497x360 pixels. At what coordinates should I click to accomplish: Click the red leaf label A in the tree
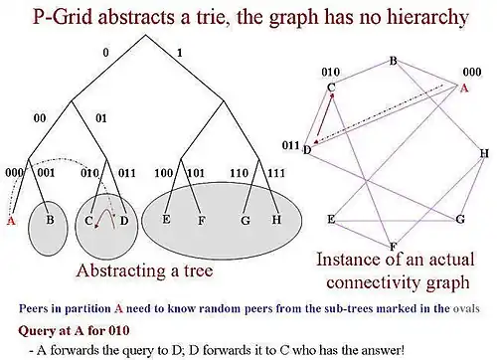pyautogui.click(x=11, y=221)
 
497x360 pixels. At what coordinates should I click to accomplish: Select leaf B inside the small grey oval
pyautogui.click(x=50, y=220)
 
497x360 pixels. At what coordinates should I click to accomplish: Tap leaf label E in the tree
pyautogui.click(x=166, y=219)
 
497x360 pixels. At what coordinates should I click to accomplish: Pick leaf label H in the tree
pyautogui.click(x=276, y=219)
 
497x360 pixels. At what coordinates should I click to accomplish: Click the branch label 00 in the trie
pyautogui.click(x=40, y=118)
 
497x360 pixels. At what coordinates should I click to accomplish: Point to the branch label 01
pyautogui.click(x=101, y=118)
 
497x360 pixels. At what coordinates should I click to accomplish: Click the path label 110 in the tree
pyautogui.click(x=240, y=173)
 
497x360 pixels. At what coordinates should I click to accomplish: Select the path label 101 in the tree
pyautogui.click(x=196, y=173)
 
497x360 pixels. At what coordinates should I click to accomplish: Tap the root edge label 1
pyautogui.click(x=180, y=53)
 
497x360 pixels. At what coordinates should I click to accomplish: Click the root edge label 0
pyautogui.click(x=105, y=53)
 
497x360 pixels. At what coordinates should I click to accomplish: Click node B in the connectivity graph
pyautogui.click(x=393, y=61)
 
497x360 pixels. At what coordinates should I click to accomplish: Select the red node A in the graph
pyautogui.click(x=464, y=89)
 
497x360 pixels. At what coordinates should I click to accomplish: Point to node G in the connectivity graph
pyautogui.click(x=460, y=219)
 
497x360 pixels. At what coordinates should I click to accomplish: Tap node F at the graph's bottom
pyautogui.click(x=393, y=247)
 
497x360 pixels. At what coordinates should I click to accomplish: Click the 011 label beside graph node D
pyautogui.click(x=290, y=145)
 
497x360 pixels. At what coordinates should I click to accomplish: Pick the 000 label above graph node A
pyautogui.click(x=472, y=72)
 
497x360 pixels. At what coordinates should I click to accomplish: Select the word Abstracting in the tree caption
pyautogui.click(x=120, y=270)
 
